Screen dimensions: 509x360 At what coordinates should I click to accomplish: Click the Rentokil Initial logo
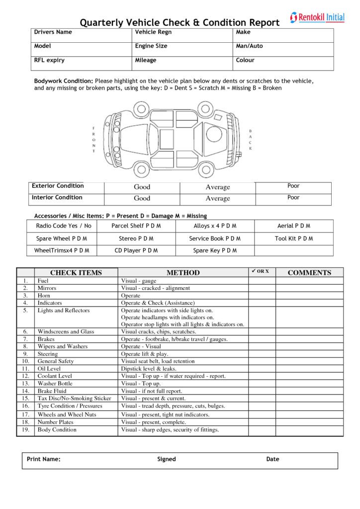[x=317, y=17]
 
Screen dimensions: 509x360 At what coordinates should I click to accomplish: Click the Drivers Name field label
[x=53, y=32]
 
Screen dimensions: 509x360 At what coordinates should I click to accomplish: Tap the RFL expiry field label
[x=49, y=61]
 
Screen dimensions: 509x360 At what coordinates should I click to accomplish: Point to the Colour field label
[x=245, y=61]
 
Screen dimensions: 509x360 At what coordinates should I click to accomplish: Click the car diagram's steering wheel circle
[x=214, y=134]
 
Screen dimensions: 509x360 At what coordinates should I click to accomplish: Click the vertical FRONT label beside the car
[x=93, y=140]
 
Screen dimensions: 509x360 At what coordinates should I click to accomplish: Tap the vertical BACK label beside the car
[x=250, y=140]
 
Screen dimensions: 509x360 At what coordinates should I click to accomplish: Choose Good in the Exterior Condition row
[x=142, y=187]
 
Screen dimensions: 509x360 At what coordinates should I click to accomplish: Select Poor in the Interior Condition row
[x=293, y=198]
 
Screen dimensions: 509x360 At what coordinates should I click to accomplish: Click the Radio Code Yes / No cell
[x=64, y=226]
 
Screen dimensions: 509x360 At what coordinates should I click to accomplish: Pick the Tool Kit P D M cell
[x=294, y=239]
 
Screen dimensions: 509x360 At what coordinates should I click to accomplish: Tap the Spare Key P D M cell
[x=215, y=251]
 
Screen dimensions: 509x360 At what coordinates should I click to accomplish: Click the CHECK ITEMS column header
[x=76, y=272]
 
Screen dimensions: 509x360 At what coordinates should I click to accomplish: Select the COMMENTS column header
[x=309, y=272]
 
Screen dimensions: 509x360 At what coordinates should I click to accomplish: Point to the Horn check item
[x=44, y=296]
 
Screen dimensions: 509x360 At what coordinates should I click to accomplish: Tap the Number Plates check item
[x=55, y=422]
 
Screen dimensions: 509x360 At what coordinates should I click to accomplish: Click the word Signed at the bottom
[x=167, y=459]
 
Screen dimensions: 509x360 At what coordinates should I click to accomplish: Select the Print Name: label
[x=44, y=459]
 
